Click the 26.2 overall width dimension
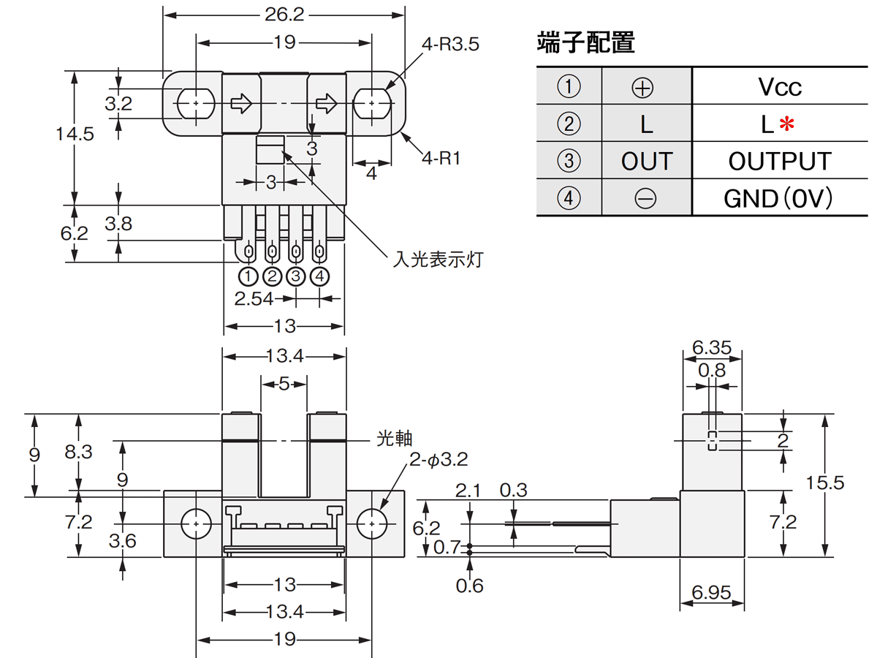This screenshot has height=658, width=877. (284, 15)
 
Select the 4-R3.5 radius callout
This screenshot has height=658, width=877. (450, 45)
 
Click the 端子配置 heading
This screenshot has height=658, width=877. (585, 42)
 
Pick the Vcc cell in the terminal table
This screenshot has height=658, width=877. (780, 88)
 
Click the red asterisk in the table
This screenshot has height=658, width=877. (786, 125)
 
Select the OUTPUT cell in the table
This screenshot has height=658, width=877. (780, 162)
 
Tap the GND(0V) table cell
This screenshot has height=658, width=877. (778, 199)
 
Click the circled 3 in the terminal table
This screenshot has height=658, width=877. (569, 162)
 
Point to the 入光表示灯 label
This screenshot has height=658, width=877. (438, 259)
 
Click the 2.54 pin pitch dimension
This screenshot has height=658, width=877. (254, 298)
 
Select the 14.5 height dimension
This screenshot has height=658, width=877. (75, 135)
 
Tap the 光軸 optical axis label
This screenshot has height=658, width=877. (395, 439)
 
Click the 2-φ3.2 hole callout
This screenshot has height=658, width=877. (438, 460)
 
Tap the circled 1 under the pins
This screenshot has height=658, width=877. (248, 277)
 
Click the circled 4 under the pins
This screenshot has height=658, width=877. (320, 277)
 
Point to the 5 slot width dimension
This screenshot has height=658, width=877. (284, 383)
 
